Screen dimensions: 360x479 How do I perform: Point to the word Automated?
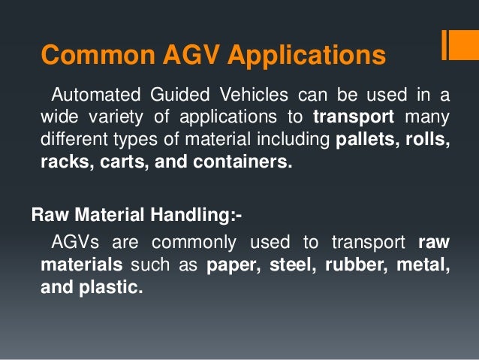click(94, 95)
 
